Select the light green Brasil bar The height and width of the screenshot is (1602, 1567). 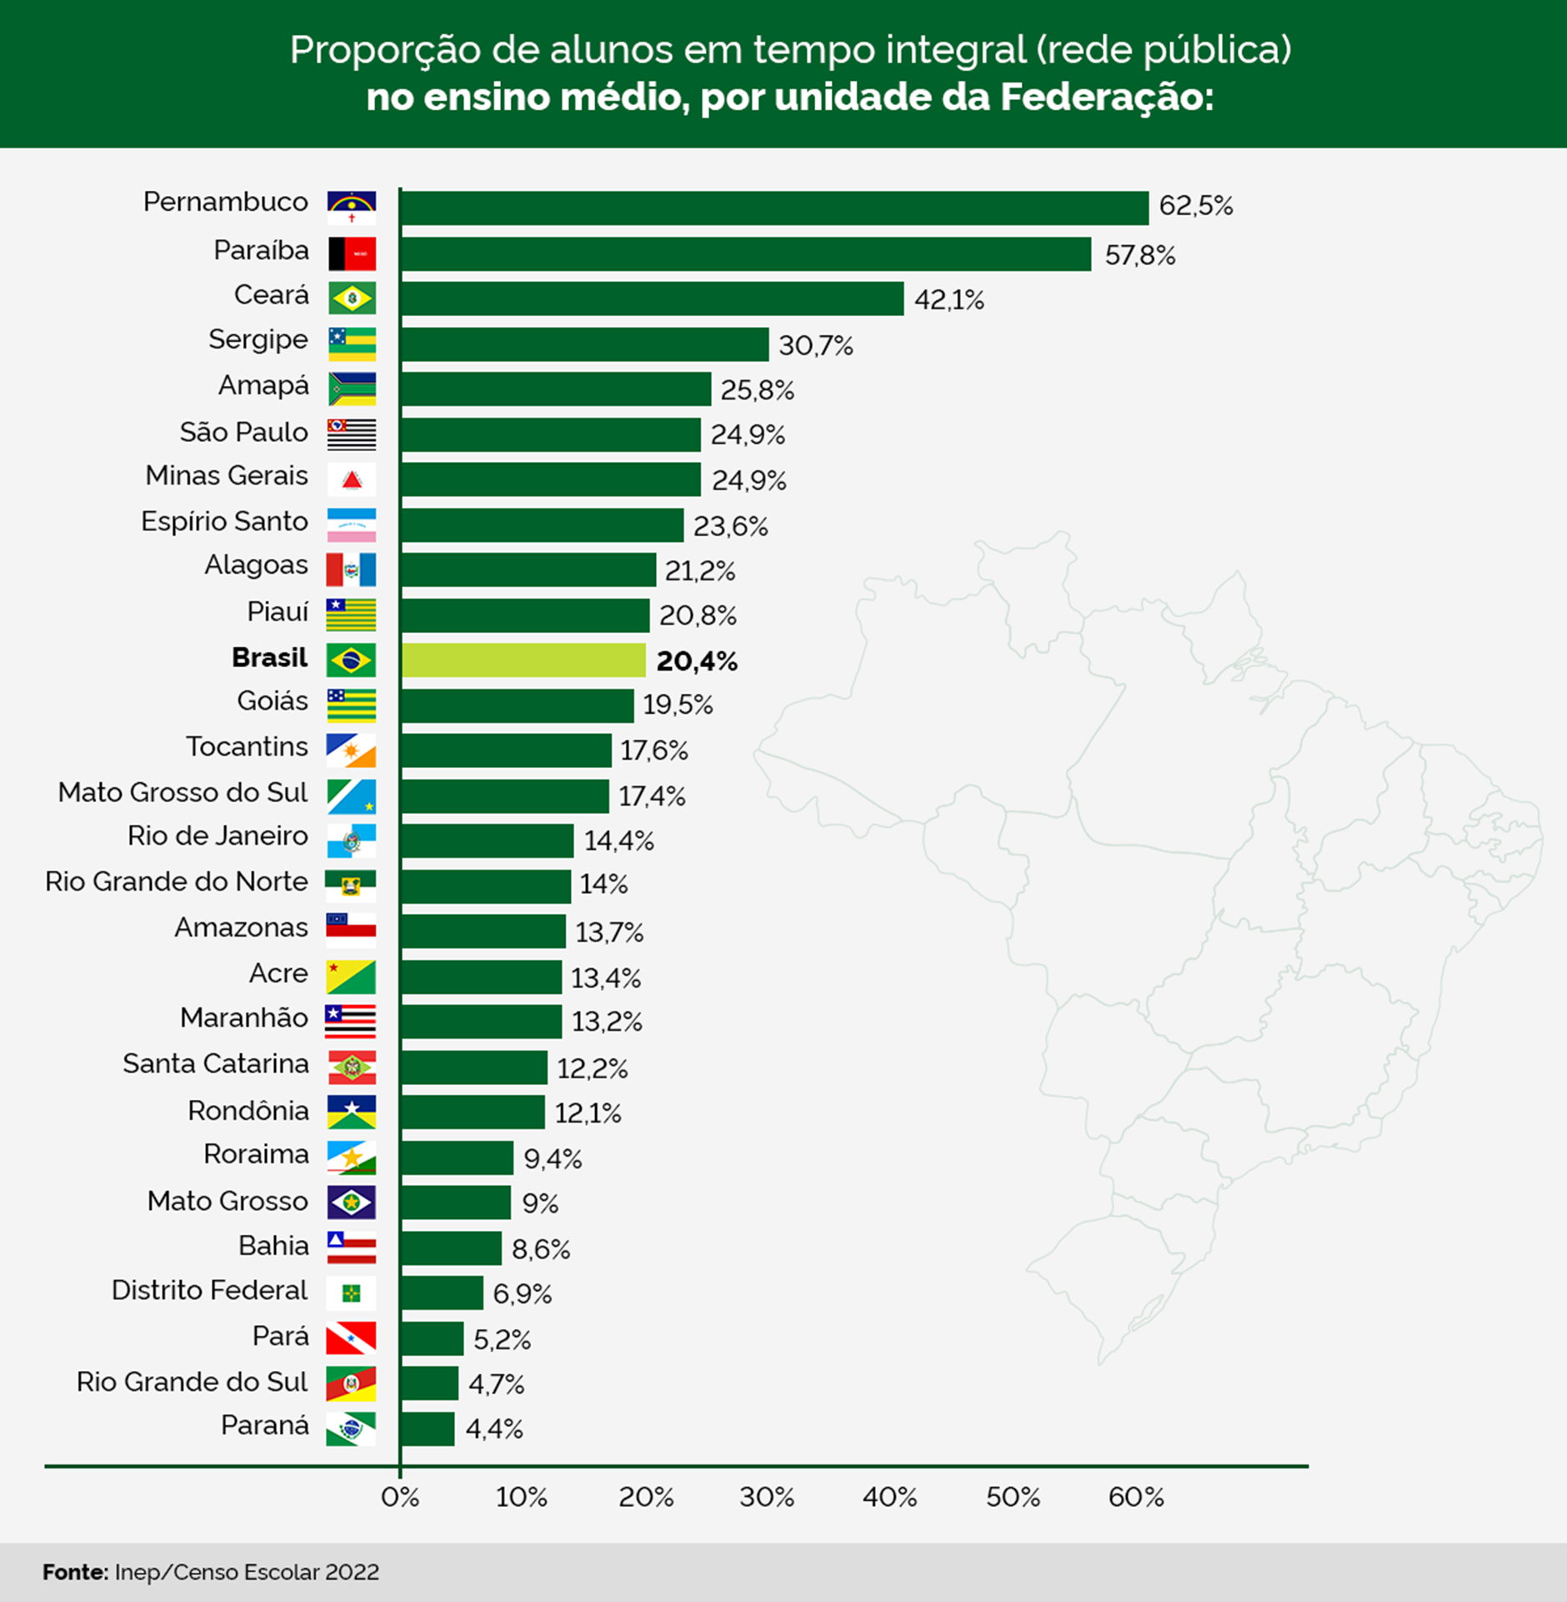(523, 660)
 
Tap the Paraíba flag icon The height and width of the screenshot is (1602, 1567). (351, 254)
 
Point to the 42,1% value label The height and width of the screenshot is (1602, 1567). (949, 299)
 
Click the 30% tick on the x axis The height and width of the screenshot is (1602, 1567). (766, 1497)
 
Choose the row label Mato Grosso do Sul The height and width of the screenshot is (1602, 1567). (183, 792)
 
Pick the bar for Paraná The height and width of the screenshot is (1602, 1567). (428, 1429)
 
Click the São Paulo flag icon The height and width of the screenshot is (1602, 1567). (351, 434)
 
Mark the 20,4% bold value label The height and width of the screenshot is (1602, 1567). (696, 661)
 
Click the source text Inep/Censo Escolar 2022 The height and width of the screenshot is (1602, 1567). (247, 1572)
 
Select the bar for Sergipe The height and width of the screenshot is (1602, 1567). (584, 344)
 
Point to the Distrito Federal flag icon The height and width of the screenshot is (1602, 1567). (351, 1293)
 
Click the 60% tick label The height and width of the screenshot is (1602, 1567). (1135, 1497)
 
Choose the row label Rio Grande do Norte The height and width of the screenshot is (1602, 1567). (176, 881)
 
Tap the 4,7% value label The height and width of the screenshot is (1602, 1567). (496, 1384)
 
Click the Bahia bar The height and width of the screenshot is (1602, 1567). (451, 1248)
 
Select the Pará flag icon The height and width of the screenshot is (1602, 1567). (351, 1338)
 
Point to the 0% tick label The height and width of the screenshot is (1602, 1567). (399, 1497)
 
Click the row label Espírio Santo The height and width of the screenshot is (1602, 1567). (224, 521)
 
